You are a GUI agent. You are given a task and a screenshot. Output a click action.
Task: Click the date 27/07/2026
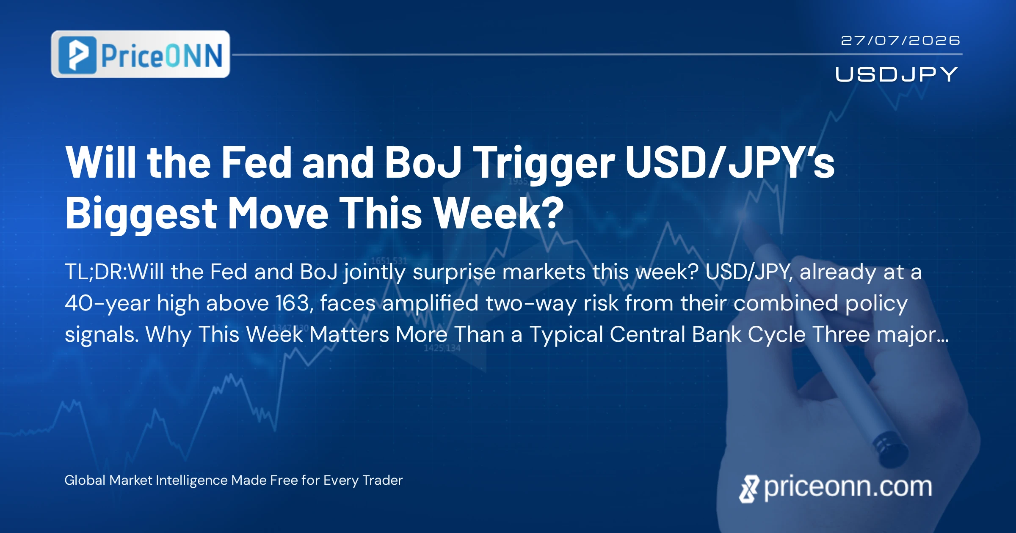900,41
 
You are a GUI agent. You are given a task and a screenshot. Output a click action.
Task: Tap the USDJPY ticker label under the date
897,74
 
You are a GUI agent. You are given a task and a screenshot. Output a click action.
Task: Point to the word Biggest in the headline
141,214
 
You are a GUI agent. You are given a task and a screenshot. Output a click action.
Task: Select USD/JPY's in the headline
729,162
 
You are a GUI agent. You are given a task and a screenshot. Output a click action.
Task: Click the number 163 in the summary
292,303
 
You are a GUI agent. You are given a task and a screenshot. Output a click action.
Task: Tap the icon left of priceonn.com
748,489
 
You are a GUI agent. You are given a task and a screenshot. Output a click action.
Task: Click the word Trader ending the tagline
383,480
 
